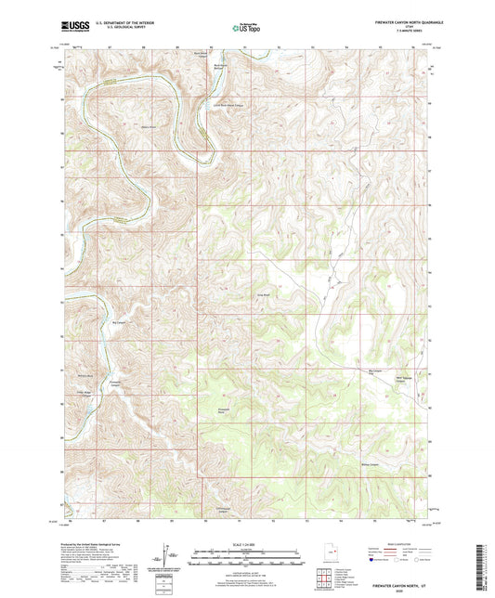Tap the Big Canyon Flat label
376,370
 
